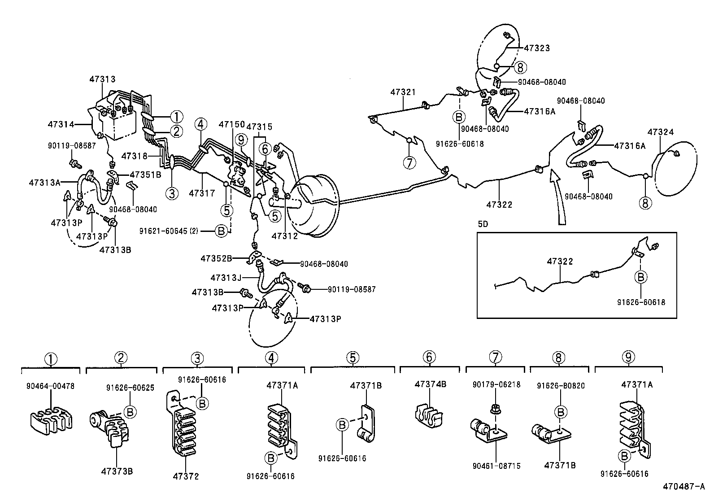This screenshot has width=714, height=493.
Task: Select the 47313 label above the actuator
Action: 102,79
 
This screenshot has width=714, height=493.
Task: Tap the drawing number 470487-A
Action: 684,486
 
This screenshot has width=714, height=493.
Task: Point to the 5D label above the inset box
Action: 483,224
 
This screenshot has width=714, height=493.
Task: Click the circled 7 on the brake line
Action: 409,163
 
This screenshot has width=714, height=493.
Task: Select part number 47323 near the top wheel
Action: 537,48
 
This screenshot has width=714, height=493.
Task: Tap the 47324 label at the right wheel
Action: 661,132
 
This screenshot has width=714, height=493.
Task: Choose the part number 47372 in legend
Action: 186,476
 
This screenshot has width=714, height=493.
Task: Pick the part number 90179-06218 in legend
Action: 496,385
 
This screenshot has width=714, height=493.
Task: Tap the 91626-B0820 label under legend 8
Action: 561,385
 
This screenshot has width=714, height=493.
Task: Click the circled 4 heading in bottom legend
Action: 271,358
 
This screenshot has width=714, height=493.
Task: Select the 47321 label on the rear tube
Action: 403,92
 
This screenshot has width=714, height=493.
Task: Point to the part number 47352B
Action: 216,258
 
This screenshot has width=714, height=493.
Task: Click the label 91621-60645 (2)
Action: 169,231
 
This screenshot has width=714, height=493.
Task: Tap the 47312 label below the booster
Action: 284,236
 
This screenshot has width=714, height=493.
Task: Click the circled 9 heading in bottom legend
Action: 628,358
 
